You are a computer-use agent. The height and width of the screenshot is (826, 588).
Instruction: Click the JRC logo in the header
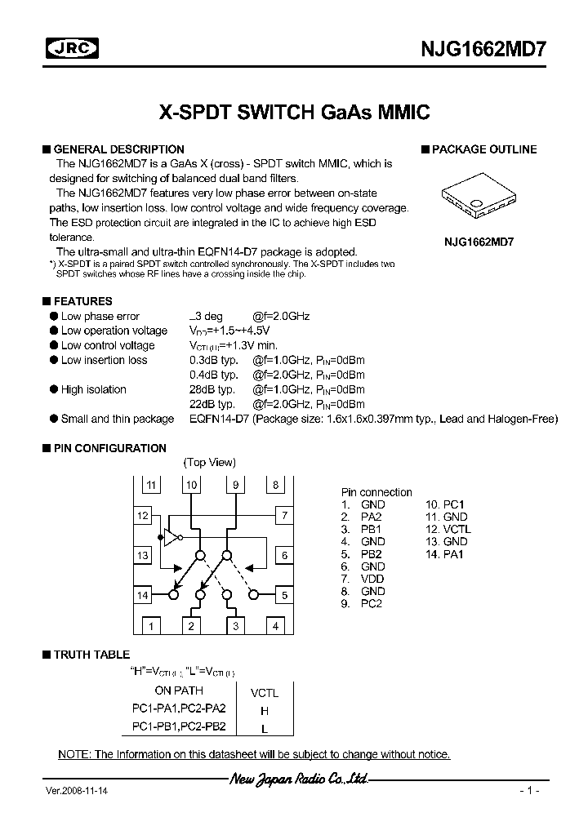pos(70,49)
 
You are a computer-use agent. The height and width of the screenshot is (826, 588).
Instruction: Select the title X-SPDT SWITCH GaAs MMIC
pos(293,112)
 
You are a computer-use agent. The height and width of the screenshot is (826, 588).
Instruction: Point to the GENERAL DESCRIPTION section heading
pos(118,149)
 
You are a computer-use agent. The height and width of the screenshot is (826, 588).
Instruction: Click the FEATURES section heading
pos(82,301)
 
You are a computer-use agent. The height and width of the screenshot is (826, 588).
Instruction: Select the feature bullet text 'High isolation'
pos(93,389)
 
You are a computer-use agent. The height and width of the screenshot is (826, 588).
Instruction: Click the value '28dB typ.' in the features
pos(213,389)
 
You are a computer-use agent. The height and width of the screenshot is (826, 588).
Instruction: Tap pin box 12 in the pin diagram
pos(144,516)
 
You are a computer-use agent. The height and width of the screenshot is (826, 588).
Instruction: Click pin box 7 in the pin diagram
pos(283,516)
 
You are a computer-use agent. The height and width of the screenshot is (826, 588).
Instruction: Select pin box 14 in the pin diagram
pos(144,595)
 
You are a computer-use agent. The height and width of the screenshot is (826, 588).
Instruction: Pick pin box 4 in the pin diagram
pos(276,626)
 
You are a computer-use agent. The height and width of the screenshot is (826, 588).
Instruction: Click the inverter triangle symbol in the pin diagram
pos(171,536)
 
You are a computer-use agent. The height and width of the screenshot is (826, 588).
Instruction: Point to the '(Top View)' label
pos(210,462)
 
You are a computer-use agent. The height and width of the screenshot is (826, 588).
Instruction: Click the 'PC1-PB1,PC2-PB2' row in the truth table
pos(179,726)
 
